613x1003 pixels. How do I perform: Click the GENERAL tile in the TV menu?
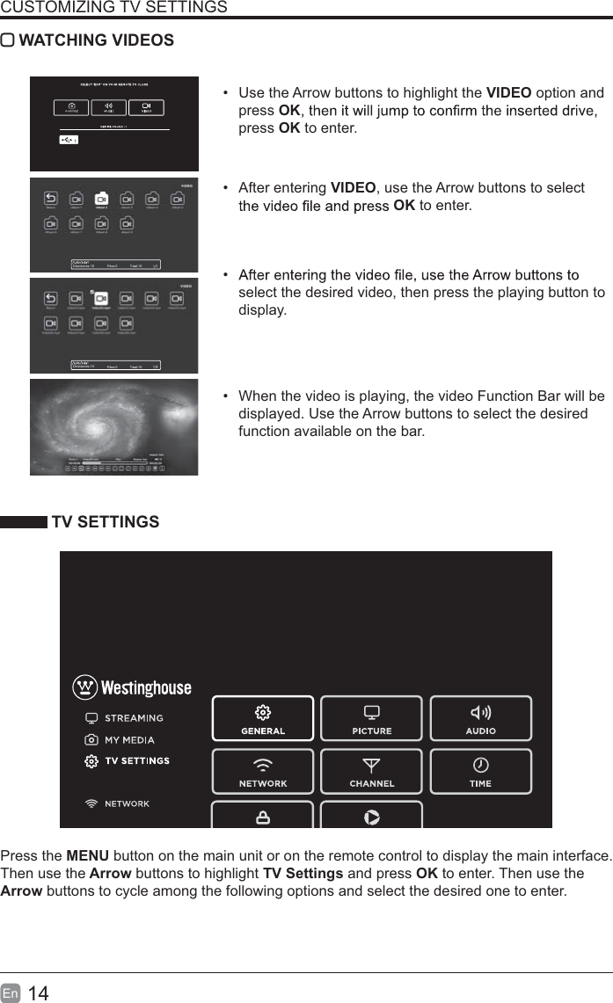click(x=263, y=718)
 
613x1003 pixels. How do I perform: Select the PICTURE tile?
click(x=371, y=718)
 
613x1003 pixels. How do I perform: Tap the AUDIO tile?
click(x=480, y=718)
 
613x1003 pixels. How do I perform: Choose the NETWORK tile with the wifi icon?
click(x=263, y=771)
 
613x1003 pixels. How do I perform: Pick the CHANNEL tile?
click(x=371, y=771)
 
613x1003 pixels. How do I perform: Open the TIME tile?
click(x=480, y=771)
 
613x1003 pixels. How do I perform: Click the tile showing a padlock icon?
click(x=263, y=816)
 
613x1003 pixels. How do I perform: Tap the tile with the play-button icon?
click(x=371, y=816)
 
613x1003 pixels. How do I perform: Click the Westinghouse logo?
click(x=131, y=687)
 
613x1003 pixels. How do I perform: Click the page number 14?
click(x=39, y=993)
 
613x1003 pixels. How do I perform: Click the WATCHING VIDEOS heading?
click(x=96, y=40)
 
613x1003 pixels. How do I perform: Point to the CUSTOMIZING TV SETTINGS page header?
click(x=113, y=8)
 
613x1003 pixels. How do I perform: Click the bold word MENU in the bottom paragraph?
click(x=88, y=856)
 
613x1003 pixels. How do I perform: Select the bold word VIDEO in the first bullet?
click(x=508, y=93)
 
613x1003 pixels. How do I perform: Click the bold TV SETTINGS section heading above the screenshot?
click(x=106, y=522)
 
